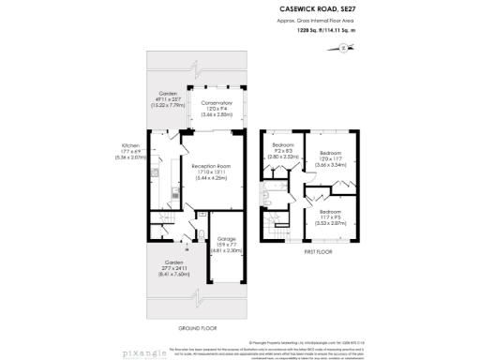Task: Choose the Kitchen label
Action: (130, 145)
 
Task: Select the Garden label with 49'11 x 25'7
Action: (167, 94)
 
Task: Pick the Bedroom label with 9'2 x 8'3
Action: (283, 145)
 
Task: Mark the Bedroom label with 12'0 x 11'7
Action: (330, 152)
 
